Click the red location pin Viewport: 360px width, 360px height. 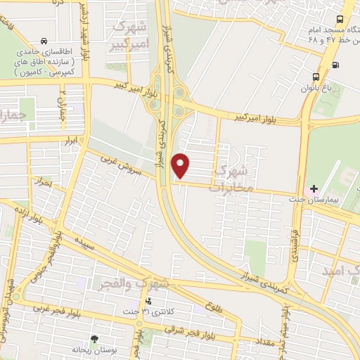(181, 165)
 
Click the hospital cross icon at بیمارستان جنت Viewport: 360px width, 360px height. (314, 189)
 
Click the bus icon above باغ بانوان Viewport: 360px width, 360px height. (315, 77)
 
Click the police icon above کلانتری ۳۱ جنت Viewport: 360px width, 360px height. (148, 301)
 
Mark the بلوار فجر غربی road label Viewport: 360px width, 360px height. (56, 309)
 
